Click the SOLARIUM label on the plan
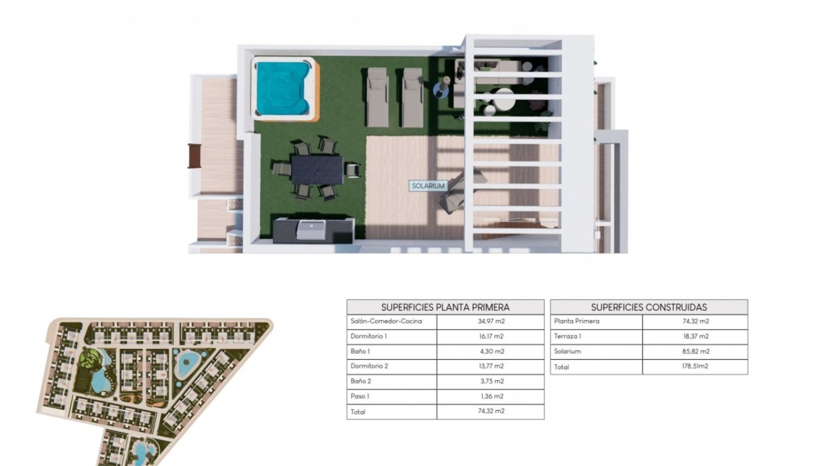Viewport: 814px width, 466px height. tap(428, 186)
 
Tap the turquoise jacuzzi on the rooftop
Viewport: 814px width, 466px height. tap(281, 88)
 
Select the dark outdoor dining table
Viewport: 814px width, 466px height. tap(317, 169)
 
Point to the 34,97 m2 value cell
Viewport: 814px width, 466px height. tap(491, 322)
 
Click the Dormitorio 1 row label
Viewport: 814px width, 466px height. tap(369, 337)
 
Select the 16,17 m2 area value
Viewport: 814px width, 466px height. tap(491, 337)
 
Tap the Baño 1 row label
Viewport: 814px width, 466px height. tap(360, 351)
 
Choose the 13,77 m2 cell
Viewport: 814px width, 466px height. tap(491, 366)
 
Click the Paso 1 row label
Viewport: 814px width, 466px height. tap(360, 396)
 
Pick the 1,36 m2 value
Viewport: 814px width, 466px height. tap(491, 396)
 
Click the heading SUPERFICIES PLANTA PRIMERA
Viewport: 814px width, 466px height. tap(445, 307)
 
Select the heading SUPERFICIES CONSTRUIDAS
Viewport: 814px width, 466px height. tap(649, 307)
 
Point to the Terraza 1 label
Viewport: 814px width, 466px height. tap(568, 337)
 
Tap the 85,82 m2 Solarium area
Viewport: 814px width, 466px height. tap(696, 351)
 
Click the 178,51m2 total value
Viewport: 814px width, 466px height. tap(696, 367)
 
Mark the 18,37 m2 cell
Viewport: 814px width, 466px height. tap(696, 337)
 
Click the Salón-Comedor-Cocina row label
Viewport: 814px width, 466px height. tap(385, 322)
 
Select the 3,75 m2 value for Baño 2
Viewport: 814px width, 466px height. tap(491, 381)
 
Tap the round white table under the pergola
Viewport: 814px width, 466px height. tap(504, 98)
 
